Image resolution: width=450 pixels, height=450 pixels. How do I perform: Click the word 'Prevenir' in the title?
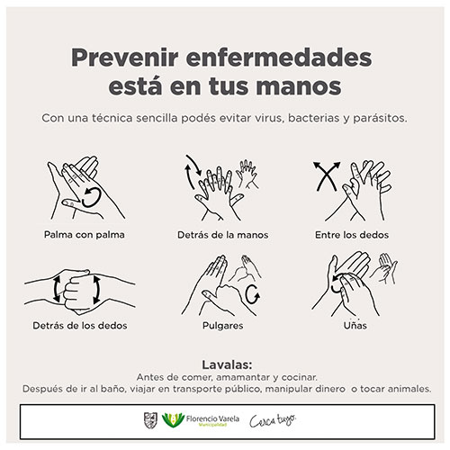125,58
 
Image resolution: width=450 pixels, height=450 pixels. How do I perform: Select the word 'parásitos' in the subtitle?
380,118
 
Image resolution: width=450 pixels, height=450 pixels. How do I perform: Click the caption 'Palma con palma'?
85,234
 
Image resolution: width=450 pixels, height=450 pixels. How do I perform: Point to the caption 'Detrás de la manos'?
223,235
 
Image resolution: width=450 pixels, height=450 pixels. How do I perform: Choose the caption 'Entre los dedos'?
352,235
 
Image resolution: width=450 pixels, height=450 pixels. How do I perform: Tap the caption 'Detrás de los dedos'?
80,326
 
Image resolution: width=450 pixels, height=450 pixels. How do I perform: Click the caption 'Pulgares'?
223,326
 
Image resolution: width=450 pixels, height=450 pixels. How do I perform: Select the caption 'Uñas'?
355,325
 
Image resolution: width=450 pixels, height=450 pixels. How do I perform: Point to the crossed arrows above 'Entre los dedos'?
327,176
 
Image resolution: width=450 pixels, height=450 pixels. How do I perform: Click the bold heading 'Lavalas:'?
227,364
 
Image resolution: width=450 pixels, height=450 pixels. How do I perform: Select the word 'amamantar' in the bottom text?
243,377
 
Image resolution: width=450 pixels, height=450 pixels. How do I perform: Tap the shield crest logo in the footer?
150,420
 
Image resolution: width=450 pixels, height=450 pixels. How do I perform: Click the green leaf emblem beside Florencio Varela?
173,419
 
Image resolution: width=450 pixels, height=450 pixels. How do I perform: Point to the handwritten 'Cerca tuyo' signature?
273,420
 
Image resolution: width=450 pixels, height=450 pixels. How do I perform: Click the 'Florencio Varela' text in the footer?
212,418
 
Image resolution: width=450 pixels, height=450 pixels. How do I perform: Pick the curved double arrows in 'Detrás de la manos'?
193,172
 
